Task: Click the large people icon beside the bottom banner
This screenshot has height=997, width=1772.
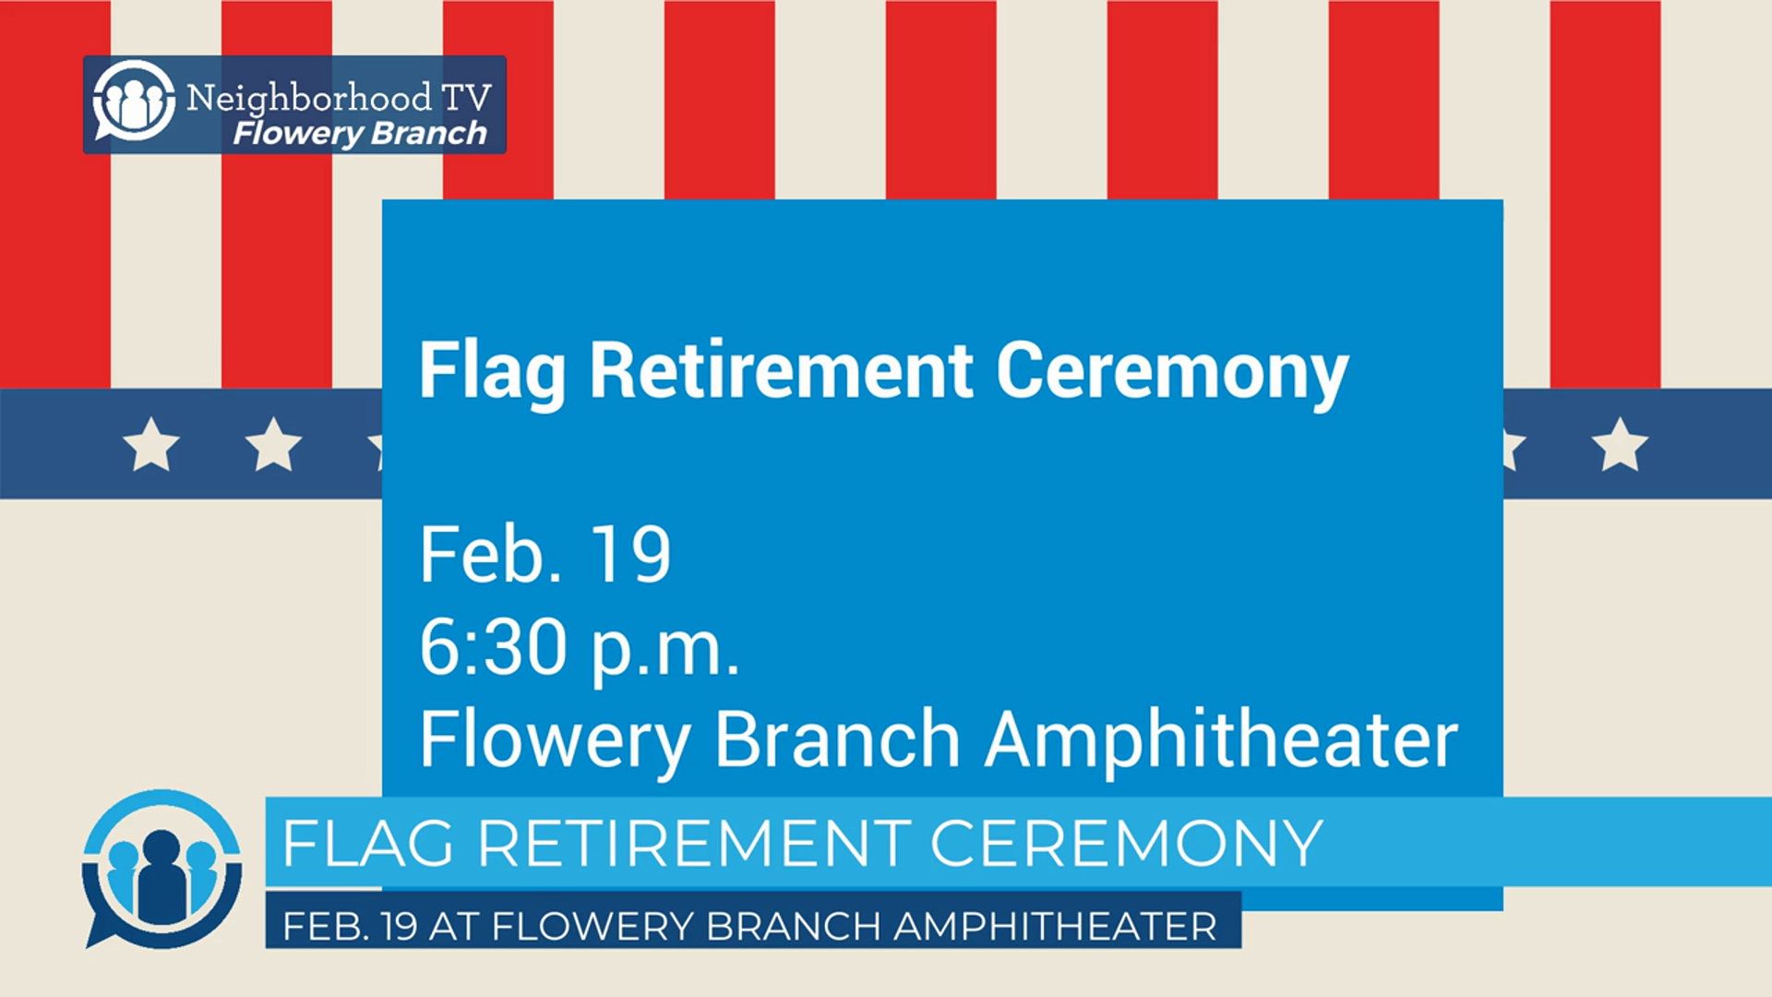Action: coord(162,869)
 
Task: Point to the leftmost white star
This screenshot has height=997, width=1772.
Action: coord(151,444)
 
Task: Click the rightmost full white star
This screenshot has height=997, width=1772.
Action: coord(1620,444)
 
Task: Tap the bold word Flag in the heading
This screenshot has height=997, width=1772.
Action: coord(492,372)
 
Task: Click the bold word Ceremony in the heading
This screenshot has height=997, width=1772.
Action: coord(1172,372)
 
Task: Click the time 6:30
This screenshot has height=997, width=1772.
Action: coord(493,646)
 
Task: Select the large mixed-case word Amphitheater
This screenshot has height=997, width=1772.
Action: coord(1221,740)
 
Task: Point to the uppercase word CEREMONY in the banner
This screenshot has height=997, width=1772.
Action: coord(1126,843)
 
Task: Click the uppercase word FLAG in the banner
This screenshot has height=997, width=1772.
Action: coord(368,843)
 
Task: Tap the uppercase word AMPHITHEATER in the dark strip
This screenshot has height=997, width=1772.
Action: coord(1055,926)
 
